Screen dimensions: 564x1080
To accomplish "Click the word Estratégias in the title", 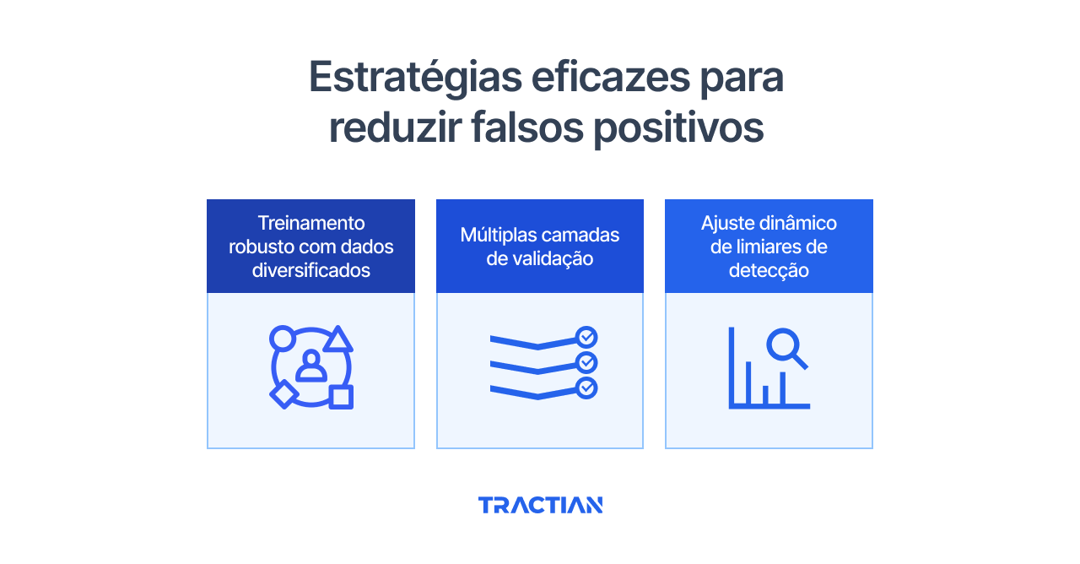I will point(415,79).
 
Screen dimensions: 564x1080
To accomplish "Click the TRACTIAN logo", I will point(540,505).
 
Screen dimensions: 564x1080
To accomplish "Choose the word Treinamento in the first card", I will point(310,223).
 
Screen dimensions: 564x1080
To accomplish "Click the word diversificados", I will point(310,270).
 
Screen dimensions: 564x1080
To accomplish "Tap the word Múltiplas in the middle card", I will point(496,235).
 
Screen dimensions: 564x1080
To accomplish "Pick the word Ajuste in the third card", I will point(728,223).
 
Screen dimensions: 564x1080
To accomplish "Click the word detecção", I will point(769,270).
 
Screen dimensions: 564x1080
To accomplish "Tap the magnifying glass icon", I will point(786,348).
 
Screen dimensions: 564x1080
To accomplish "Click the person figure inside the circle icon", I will point(310,366).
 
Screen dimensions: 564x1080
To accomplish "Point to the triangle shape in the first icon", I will point(337,340).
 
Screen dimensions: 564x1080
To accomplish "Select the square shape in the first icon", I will point(341,397).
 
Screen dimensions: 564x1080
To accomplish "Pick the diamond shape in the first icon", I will point(283,394).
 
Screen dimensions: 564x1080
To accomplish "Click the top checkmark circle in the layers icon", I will point(586,338).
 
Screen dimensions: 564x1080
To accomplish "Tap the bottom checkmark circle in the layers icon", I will point(586,388).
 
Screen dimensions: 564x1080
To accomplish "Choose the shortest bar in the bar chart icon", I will point(764,394).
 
